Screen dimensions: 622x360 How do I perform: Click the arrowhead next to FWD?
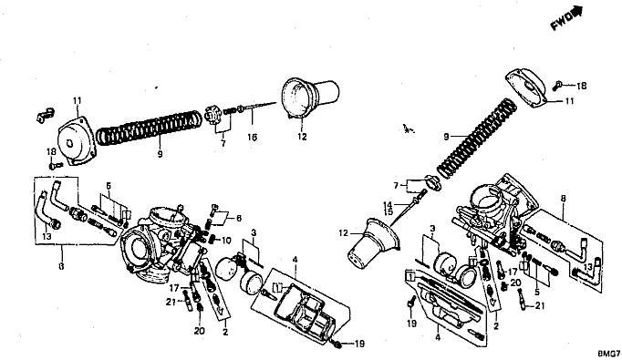577,12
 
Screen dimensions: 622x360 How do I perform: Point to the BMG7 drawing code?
610,354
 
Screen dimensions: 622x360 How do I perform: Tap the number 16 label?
253,138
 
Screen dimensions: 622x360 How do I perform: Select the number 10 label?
226,241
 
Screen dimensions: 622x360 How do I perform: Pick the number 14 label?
388,205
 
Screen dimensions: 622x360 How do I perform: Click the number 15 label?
388,211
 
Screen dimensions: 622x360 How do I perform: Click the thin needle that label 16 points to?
260,106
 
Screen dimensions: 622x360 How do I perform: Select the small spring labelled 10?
213,239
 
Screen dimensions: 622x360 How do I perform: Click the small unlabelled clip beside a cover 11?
45,115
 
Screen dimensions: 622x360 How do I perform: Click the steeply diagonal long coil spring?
477,138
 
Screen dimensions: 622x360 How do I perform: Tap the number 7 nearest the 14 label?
396,185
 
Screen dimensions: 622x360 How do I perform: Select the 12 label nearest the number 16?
302,137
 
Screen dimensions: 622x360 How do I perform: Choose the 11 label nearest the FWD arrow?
570,101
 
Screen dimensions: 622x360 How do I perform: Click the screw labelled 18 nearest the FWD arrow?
557,85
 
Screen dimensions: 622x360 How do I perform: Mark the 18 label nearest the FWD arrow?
581,86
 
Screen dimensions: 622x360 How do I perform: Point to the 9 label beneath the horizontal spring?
160,154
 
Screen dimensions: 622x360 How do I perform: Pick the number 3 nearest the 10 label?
254,231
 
